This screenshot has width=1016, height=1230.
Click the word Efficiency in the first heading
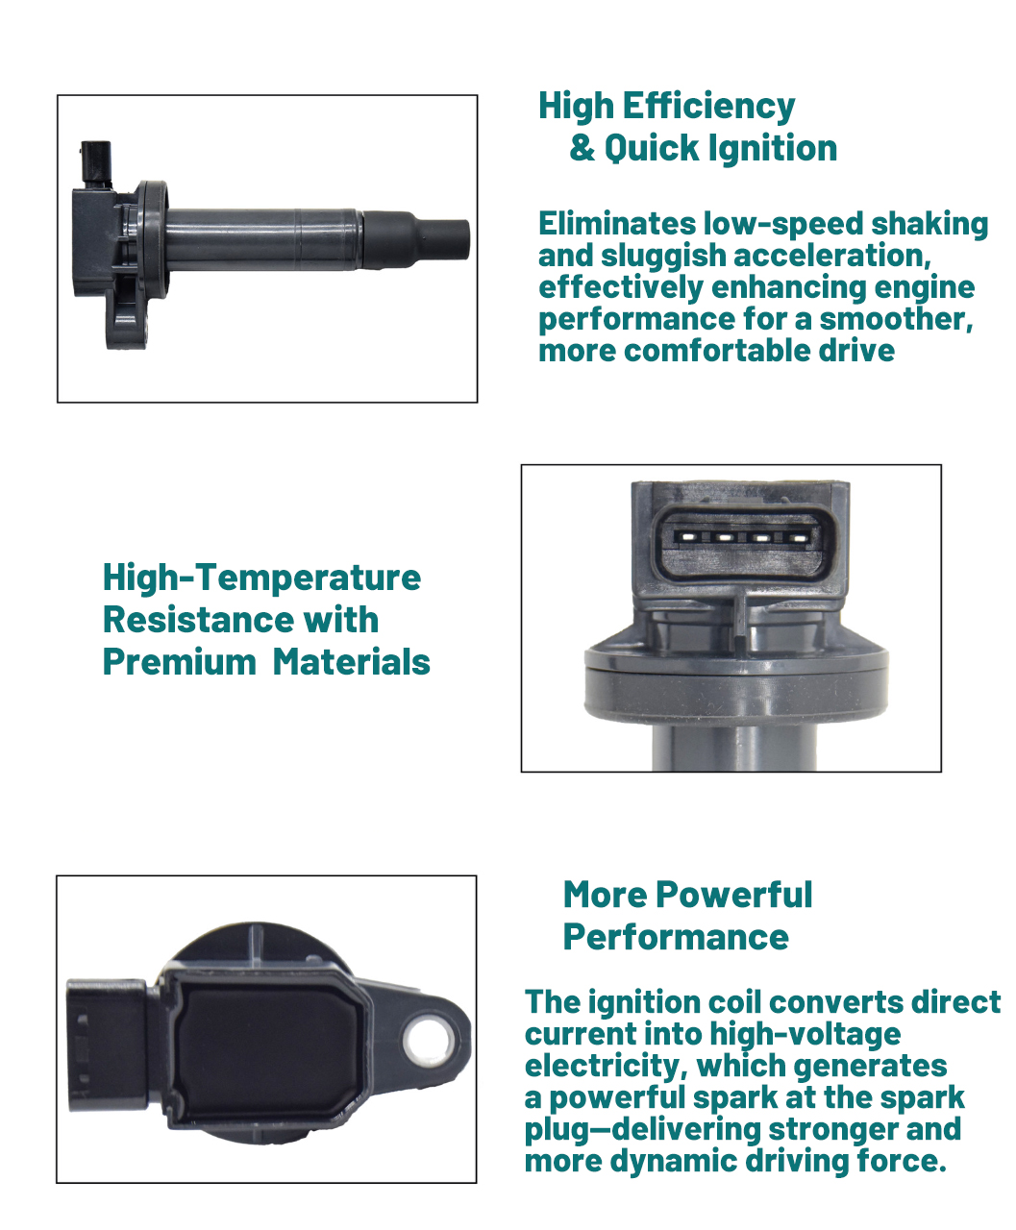point(708,108)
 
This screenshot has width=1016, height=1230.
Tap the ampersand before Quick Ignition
point(582,147)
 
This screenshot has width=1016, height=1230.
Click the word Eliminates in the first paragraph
point(617,224)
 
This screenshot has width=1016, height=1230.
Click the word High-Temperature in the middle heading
point(261,578)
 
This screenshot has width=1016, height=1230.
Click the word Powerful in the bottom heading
point(734,896)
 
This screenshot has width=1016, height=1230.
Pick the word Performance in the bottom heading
point(676,937)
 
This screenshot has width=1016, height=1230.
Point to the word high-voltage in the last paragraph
point(805,1035)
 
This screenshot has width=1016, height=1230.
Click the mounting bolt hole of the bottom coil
point(431,1043)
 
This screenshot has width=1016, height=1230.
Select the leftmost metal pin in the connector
point(686,537)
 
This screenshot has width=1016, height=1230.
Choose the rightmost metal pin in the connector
point(798,538)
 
